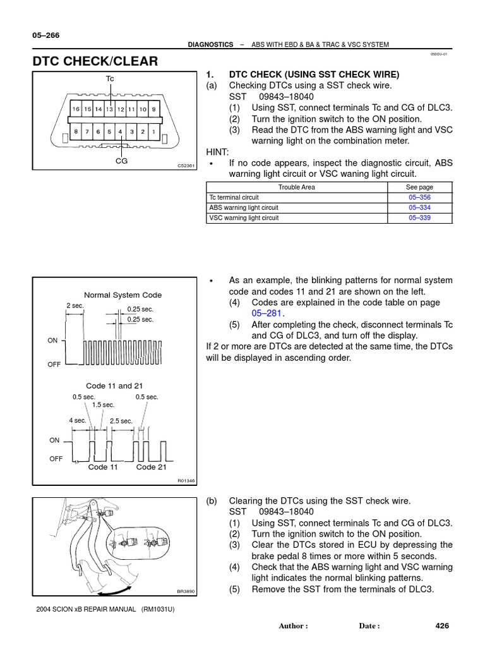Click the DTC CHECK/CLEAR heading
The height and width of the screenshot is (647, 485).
95,61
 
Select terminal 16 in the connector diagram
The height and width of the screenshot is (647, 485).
76,109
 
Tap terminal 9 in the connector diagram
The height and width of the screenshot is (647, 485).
153,109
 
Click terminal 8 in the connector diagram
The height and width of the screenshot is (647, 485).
76,132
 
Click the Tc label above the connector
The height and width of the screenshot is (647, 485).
110,78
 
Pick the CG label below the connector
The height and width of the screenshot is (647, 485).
121,161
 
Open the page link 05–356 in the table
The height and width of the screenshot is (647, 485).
420,197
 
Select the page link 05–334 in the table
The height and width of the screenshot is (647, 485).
420,207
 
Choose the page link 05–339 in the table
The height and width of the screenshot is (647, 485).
420,217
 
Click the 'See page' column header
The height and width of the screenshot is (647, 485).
419,187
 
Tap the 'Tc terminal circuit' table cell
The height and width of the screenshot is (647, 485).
234,197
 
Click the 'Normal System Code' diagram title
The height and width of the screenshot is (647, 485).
123,295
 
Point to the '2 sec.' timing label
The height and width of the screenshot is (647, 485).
75,306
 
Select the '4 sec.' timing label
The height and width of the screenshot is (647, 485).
77,420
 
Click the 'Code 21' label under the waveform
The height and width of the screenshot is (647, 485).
152,467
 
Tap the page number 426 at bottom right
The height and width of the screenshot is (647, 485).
441,626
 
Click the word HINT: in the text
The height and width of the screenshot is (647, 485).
218,152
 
